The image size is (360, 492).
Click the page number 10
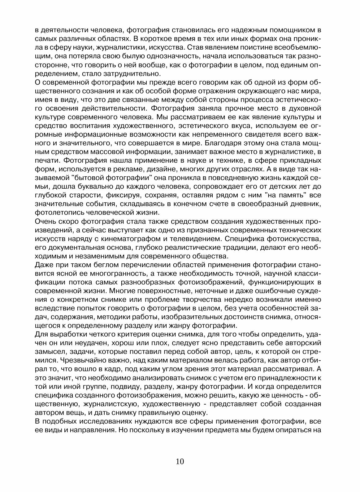(180, 461)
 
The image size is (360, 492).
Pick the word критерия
(124, 334)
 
